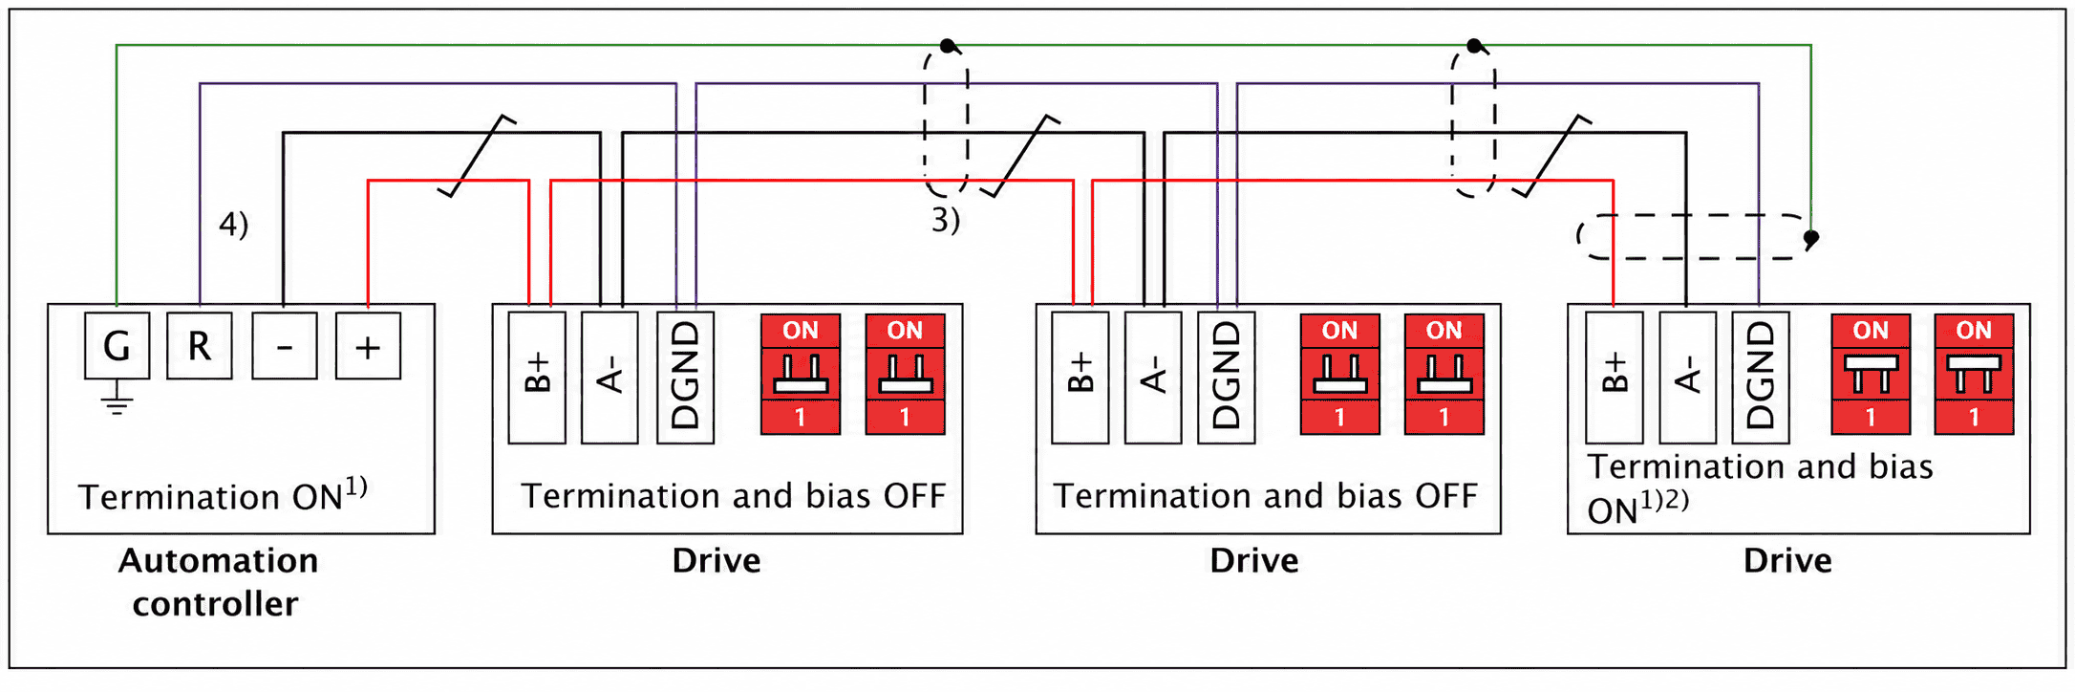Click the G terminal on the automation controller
[117, 345]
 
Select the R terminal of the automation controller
[200, 345]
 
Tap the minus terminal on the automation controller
[285, 345]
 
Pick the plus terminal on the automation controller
[368, 345]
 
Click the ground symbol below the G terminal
[117, 399]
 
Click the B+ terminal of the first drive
[537, 378]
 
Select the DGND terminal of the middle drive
[1226, 378]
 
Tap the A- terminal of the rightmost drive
[1687, 378]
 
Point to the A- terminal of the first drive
[610, 378]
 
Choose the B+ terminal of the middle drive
[1080, 378]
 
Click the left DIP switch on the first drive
[801, 375]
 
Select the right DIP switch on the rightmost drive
[1974, 375]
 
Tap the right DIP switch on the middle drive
[1444, 375]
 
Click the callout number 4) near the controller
[234, 225]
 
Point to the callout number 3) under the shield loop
[946, 221]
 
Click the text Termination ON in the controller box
[210, 497]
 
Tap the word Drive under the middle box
[1254, 560]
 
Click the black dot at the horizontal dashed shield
[1811, 237]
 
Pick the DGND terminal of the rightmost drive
[1760, 378]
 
